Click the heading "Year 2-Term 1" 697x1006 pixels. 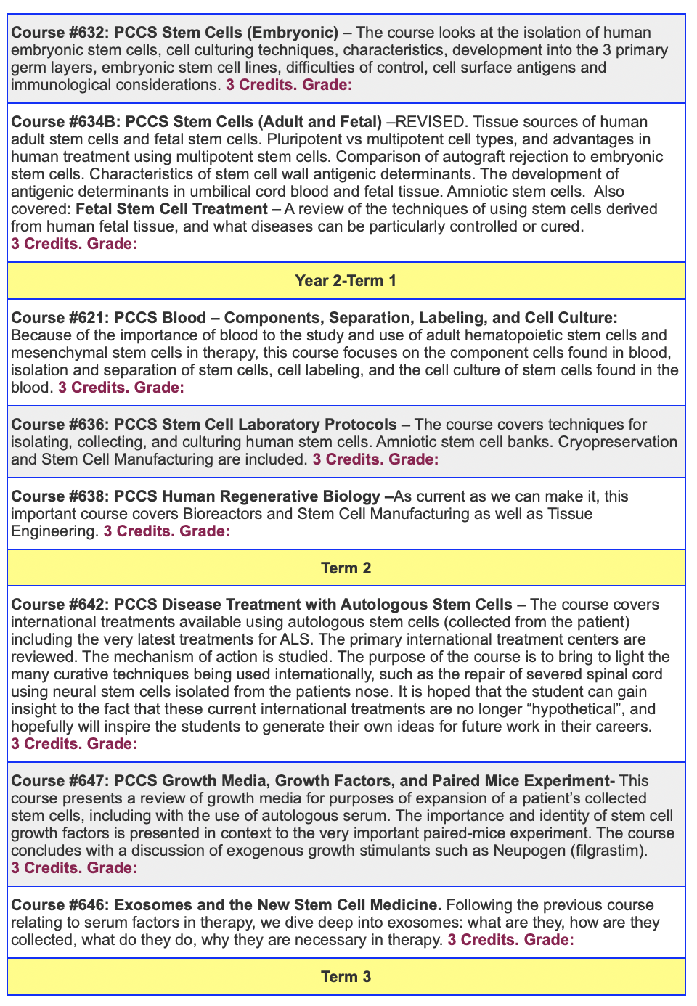click(x=346, y=281)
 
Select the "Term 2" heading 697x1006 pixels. click(x=346, y=568)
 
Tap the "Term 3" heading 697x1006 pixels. click(x=346, y=977)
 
